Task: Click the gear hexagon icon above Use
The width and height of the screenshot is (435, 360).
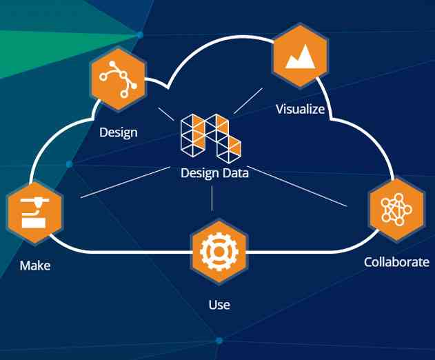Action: point(218,252)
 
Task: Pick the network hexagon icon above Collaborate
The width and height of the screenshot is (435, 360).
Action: point(396,209)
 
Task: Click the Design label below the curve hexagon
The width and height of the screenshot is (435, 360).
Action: point(118,132)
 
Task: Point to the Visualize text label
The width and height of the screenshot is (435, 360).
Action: point(300,109)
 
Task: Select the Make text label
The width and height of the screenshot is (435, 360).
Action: point(35,265)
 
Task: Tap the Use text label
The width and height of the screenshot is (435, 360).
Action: point(219,304)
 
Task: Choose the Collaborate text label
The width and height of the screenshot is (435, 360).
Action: point(396,262)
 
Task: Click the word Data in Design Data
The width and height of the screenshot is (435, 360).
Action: point(234,174)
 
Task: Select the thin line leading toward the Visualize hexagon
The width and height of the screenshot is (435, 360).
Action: point(247,101)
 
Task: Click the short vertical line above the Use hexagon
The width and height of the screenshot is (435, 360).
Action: point(212,199)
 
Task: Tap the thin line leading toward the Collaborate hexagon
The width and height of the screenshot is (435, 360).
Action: point(296,186)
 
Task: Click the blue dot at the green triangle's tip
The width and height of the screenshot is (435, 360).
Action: point(140,34)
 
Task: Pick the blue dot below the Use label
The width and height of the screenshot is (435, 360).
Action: point(219,341)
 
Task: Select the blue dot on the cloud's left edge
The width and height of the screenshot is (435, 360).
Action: point(69,164)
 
